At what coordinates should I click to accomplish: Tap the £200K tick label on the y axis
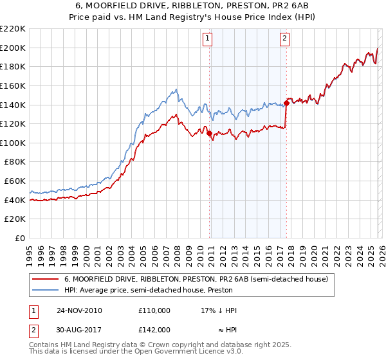13,48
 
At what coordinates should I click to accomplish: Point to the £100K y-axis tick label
13,143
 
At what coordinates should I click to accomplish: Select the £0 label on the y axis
20,238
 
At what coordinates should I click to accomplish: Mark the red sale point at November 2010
210,134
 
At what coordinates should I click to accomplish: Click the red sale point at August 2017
286,103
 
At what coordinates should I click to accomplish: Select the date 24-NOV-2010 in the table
79,310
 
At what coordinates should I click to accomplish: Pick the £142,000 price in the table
154,329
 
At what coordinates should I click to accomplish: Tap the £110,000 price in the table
154,310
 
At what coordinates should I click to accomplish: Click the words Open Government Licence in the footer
174,353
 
